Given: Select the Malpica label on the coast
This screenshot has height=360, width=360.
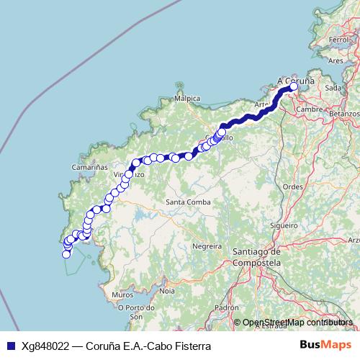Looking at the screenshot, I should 188,97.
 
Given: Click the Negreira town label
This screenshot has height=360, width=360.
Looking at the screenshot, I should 207,246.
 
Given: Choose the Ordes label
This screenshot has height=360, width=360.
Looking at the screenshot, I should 293,186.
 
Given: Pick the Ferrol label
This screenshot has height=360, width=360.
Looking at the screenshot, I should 338,38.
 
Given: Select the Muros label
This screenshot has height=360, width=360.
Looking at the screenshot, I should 123,294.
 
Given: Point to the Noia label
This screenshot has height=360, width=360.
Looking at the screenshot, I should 167,291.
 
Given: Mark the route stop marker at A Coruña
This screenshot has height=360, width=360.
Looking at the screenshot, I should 293,87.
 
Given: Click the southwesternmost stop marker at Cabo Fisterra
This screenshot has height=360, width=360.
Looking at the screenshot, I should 66,253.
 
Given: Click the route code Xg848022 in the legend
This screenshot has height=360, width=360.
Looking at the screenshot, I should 46,346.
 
